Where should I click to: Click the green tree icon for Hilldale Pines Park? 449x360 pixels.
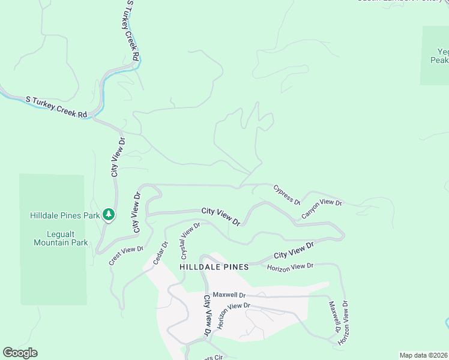coord(108,214)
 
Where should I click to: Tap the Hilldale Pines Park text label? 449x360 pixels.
coord(65,215)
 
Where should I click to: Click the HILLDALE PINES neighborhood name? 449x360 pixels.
coord(214,266)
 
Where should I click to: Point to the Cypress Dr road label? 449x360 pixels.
coord(287,194)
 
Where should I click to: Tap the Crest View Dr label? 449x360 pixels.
coord(126,256)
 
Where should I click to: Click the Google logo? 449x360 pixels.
coord(20,353)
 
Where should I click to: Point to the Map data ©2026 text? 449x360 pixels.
coord(423,355)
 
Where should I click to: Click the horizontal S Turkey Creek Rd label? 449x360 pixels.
coord(56,106)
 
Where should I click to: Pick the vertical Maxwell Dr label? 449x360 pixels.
coord(334,316)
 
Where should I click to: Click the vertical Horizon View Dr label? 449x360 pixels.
coord(344,323)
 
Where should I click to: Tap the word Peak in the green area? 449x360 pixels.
coord(439,60)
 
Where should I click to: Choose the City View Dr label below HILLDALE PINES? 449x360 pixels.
coord(208,315)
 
